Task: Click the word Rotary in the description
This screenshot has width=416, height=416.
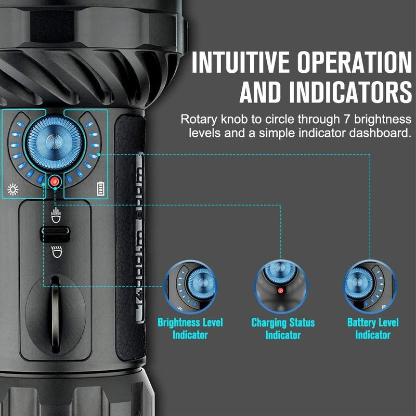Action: click(x=197, y=119)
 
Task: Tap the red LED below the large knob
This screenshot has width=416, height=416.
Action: click(x=54, y=181)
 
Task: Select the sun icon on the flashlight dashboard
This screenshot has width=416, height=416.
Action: click(x=13, y=189)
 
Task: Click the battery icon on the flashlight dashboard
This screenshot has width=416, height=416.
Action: click(x=100, y=189)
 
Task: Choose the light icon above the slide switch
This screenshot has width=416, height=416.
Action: click(x=55, y=214)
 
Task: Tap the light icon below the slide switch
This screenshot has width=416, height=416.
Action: click(x=55, y=252)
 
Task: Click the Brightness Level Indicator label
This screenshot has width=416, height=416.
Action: click(x=190, y=329)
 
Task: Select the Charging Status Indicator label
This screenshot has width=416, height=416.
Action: click(x=283, y=329)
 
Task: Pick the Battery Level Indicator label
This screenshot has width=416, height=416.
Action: click(x=372, y=329)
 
